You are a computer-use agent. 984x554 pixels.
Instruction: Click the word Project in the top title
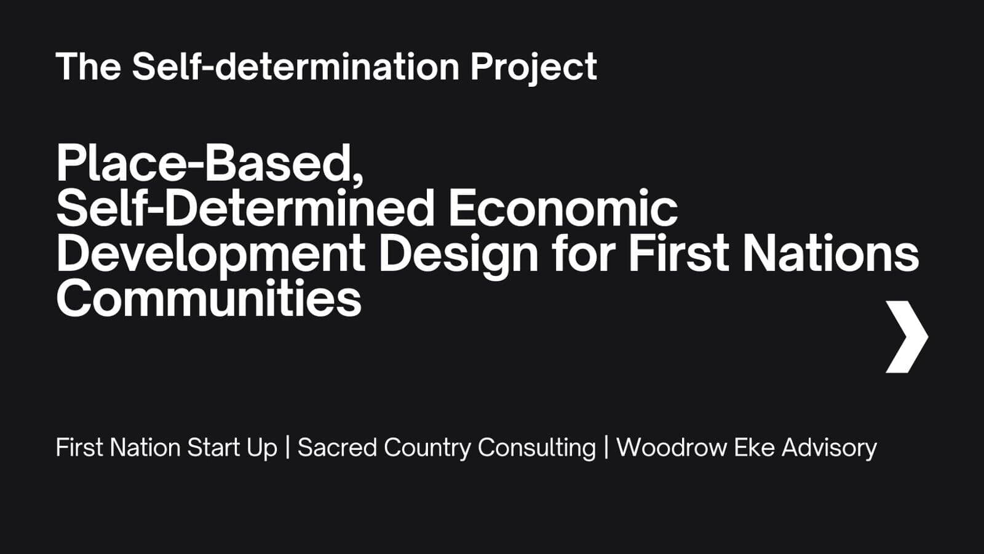point(534,68)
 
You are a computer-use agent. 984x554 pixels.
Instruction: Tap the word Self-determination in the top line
point(296,66)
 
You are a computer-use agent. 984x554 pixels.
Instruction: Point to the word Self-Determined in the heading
point(245,207)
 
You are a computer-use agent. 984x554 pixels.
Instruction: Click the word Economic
point(563,207)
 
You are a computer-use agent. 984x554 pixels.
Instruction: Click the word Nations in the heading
point(831,253)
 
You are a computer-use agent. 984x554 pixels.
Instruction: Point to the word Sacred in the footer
point(337,448)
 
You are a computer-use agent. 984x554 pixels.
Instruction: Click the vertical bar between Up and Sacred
point(288,448)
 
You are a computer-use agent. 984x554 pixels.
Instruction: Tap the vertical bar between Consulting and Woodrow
point(606,448)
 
